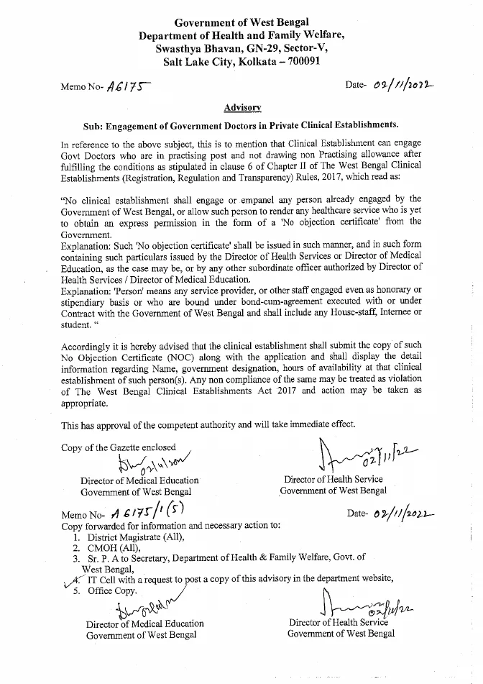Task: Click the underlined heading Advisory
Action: tap(242, 107)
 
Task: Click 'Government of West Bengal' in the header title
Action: tap(241, 22)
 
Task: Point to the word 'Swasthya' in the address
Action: tap(180, 49)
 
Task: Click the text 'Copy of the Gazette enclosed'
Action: tap(118, 447)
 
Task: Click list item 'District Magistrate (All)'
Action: tap(135, 537)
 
